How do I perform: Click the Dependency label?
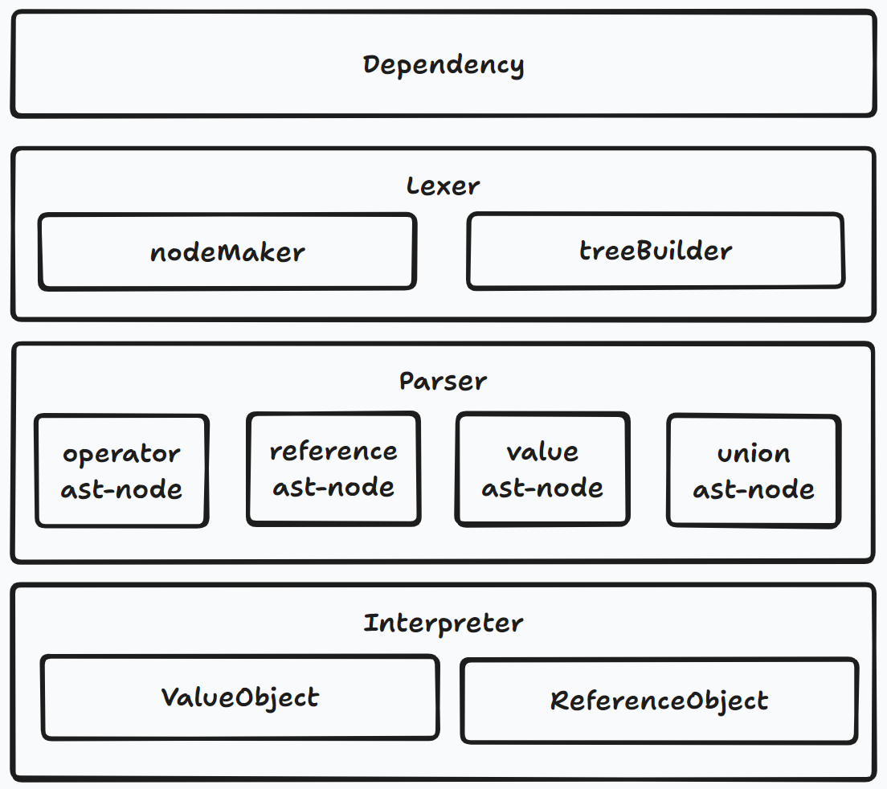[443, 66]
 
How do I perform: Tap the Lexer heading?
[443, 186]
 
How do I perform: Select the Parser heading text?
[443, 381]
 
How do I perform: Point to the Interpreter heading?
[443, 623]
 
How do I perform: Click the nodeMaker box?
[227, 251]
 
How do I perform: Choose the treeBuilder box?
[656, 251]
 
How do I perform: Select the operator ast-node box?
[122, 471]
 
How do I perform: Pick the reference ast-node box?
[333, 469]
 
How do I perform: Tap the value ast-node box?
[542, 469]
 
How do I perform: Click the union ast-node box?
[754, 471]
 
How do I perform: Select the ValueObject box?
[240, 697]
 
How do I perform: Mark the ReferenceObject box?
[660, 701]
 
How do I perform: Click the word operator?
[121, 454]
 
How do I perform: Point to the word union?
[754, 454]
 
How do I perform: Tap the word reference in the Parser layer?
[333, 452]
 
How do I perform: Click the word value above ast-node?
[542, 452]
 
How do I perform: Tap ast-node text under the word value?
[542, 489]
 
